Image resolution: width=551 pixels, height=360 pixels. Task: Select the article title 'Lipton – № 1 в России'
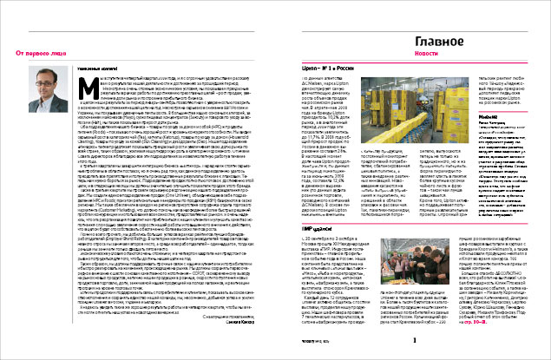(312, 90)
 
